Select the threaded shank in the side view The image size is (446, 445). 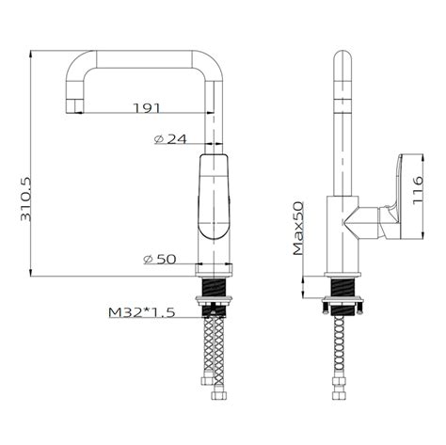pos(342,285)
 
